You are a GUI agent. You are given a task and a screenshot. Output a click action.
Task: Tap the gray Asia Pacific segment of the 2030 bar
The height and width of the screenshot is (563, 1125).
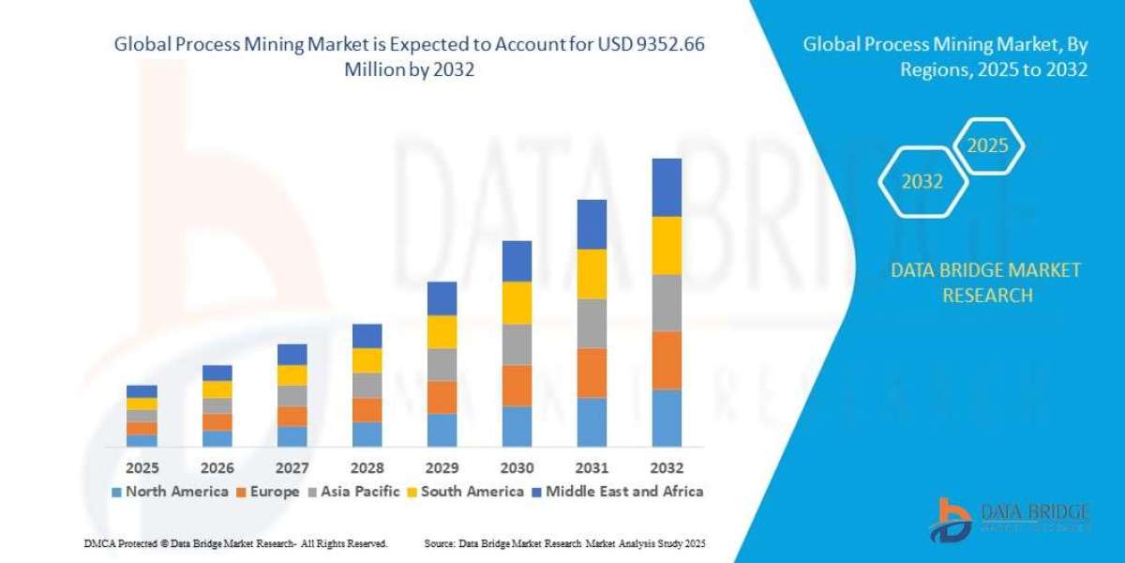(x=517, y=344)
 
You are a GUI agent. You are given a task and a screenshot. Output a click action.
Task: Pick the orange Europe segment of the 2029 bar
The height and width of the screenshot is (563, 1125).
(x=442, y=397)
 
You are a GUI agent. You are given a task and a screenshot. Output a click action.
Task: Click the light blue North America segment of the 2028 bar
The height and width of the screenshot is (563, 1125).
(x=367, y=434)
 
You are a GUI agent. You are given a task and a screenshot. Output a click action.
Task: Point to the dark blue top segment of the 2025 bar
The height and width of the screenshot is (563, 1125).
(x=142, y=391)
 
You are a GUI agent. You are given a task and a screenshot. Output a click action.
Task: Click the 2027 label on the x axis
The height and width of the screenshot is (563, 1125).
(x=292, y=467)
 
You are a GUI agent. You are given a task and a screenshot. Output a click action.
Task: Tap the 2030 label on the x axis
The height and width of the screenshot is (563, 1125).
(x=517, y=467)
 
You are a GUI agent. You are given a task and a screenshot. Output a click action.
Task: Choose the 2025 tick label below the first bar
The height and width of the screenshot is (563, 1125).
(x=142, y=467)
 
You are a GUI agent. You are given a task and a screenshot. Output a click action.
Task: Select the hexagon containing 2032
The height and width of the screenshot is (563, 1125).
(x=922, y=182)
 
